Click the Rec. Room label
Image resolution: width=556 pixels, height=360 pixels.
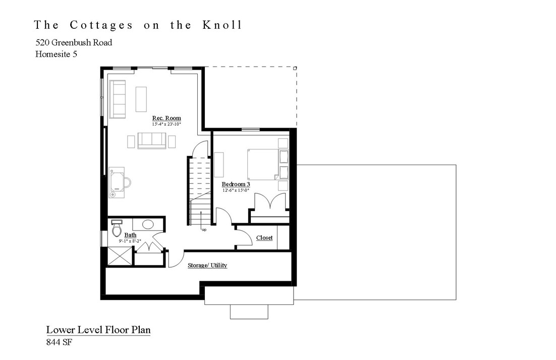point(166,118)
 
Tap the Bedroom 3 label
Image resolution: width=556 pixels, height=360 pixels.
point(236,185)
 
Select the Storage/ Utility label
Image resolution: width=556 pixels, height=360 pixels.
point(207,266)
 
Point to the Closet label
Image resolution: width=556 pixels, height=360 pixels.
point(264,238)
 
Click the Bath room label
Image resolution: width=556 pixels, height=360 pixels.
point(130,235)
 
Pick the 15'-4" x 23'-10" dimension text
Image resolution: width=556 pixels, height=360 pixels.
point(166,124)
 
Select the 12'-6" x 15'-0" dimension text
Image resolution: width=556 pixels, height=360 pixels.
point(236,190)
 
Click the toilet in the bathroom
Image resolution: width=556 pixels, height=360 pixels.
point(117,229)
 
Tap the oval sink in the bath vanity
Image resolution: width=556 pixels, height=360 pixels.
point(148,224)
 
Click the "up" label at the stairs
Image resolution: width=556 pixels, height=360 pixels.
point(204,230)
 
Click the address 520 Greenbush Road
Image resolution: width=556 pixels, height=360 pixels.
point(74,42)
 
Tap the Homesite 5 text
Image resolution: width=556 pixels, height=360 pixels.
point(56,55)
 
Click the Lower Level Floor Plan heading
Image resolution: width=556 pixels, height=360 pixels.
point(98,330)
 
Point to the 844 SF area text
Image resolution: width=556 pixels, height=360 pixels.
point(60,342)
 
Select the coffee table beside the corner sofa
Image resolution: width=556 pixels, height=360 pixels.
point(141,99)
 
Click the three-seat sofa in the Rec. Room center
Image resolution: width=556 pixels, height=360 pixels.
point(152,140)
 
